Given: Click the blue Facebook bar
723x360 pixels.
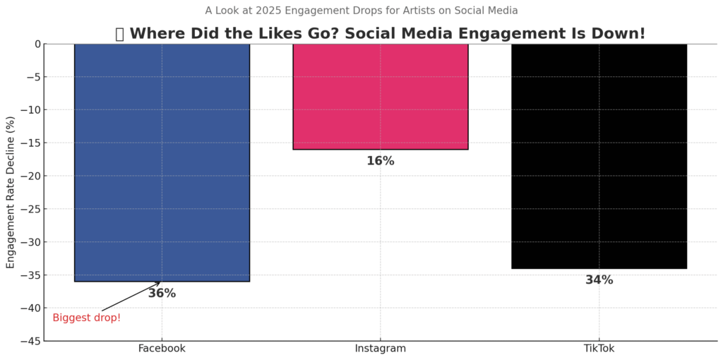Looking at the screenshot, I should (162, 162).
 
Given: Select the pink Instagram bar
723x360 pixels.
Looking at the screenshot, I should (380, 96).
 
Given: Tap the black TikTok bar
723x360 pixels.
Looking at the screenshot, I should (599, 155).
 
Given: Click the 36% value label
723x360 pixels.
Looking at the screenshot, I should (162, 294).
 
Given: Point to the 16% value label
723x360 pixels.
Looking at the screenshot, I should (380, 162).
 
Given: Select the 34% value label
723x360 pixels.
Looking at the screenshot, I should (599, 280).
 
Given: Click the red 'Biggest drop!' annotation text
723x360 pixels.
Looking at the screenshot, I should (86, 318).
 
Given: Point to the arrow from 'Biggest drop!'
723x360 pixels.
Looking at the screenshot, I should (131, 297).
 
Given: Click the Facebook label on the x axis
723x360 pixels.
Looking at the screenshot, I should (162, 349).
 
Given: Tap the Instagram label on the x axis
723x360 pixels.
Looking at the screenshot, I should (380, 349).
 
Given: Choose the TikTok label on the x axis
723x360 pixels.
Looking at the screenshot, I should (599, 349).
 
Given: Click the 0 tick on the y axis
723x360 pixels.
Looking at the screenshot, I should (37, 44).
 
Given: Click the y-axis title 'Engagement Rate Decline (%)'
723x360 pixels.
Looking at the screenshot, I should (11, 192).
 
